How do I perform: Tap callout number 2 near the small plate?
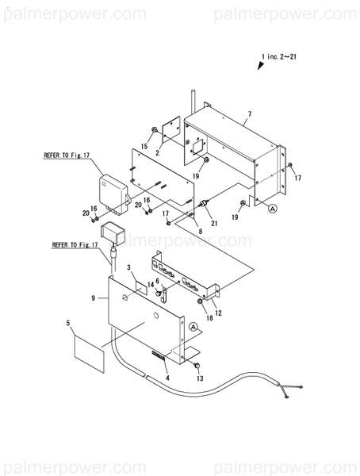[158, 152]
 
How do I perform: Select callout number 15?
[144, 146]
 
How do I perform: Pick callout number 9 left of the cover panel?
[94, 298]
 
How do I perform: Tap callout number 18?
[209, 318]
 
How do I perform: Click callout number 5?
[69, 324]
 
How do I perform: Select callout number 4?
[167, 378]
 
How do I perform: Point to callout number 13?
[200, 379]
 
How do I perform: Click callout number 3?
[128, 269]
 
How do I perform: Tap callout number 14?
[151, 283]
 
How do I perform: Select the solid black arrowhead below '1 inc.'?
[259, 67]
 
